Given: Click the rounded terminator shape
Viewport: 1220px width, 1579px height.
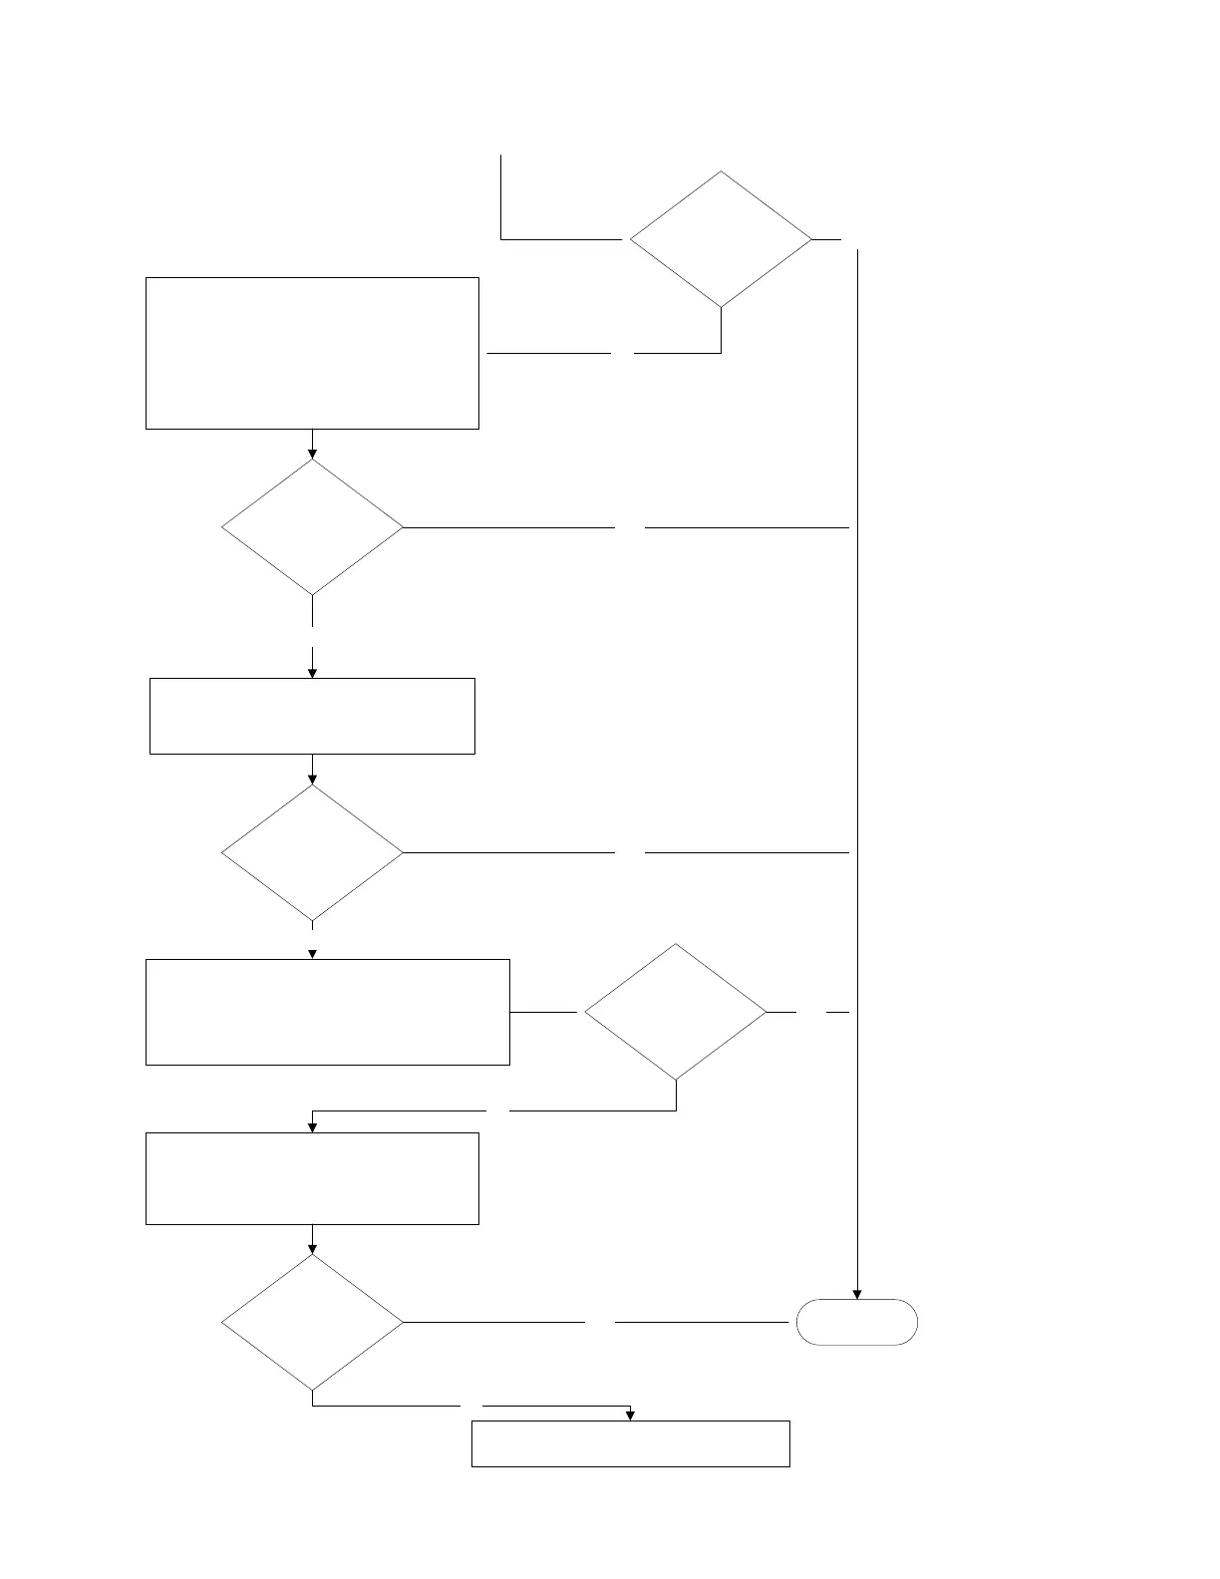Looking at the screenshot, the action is point(857,1323).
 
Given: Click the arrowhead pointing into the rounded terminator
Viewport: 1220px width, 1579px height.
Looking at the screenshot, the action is point(857,1294).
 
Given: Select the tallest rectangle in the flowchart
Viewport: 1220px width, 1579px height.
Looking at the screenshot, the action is point(312,353).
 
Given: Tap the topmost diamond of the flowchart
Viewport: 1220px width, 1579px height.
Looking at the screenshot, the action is point(721,239).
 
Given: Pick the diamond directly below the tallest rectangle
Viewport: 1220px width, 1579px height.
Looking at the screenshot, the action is point(312,526).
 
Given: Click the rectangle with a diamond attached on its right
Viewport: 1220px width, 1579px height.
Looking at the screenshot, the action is point(328,1012).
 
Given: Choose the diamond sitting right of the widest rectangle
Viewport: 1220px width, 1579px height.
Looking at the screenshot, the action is point(676,1012).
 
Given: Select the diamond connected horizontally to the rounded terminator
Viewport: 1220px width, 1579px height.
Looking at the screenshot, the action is point(312,1322).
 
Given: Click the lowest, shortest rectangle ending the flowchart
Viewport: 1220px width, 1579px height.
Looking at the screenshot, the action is point(630,1443).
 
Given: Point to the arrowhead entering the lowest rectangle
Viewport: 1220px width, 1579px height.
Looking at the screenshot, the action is point(630,1416).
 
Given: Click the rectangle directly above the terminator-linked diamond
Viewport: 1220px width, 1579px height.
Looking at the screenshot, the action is point(312,1178).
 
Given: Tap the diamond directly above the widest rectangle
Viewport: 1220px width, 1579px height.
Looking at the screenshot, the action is point(312,852).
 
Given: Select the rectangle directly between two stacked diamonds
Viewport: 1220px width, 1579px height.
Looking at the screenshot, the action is point(312,716).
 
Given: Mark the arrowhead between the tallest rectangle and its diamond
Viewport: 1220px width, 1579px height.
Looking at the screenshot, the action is point(312,454).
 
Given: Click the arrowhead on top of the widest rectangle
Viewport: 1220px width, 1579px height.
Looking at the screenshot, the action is point(312,954).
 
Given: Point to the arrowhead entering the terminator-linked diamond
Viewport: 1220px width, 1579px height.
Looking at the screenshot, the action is point(312,1248).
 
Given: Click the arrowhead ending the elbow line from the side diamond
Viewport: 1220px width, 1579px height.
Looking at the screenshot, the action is point(312,1127).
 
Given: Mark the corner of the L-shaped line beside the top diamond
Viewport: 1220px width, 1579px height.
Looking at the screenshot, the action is point(500,239).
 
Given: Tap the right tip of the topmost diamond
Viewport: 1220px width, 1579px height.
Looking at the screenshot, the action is point(811,239).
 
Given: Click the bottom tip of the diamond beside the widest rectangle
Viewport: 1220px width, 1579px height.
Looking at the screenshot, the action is point(676,1080).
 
